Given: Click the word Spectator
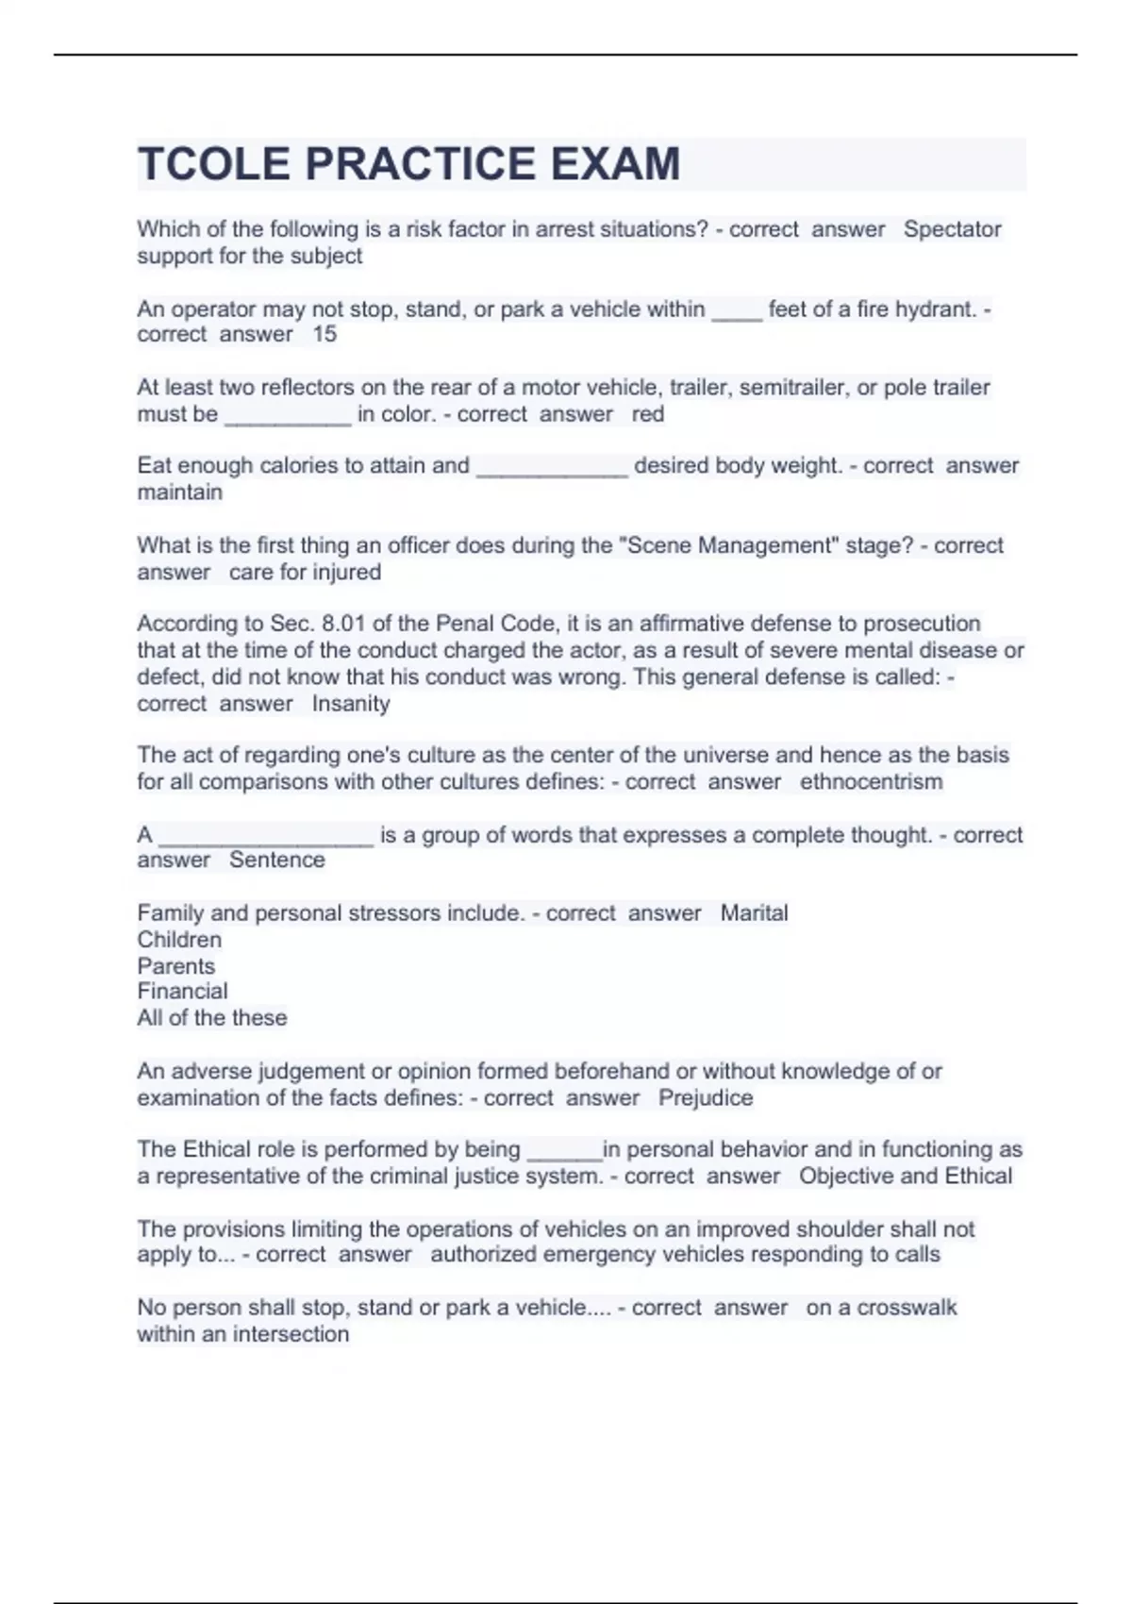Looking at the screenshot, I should tap(952, 229).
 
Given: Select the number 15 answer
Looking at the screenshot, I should tap(325, 334).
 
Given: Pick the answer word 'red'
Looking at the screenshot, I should tap(648, 414).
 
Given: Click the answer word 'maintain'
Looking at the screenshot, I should tap(179, 493).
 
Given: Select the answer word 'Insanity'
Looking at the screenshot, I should tap(351, 704).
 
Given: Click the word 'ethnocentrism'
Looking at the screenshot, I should tap(871, 782).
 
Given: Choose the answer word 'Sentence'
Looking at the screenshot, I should tap(277, 860).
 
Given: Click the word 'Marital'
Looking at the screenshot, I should tap(754, 913).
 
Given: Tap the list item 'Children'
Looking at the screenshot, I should tap(179, 940).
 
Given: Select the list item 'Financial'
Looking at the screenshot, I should tap(182, 992).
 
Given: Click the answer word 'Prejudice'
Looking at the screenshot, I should tap(706, 1098).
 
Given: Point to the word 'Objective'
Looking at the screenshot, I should tap(846, 1177).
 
